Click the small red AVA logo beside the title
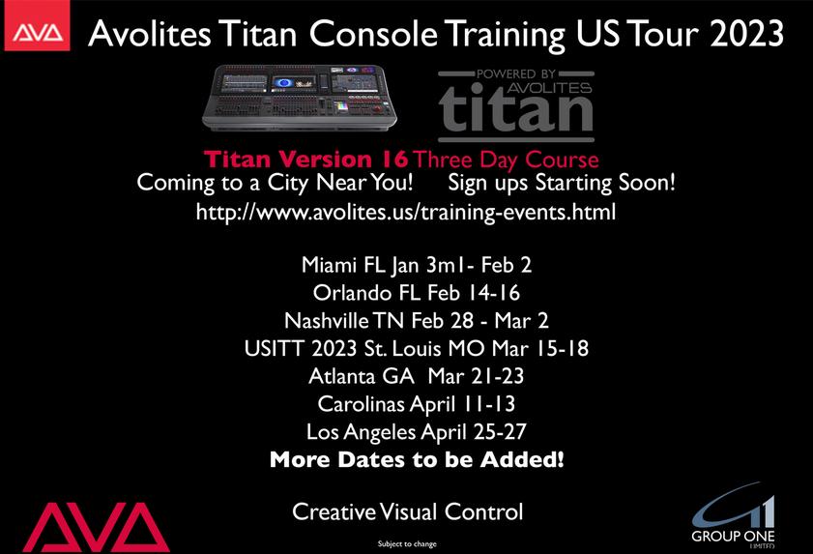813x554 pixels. click(37, 26)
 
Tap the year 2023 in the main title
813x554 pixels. click(746, 34)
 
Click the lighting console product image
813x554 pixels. click(299, 97)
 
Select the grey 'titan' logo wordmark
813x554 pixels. click(516, 106)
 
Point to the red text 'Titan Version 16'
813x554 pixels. click(305, 160)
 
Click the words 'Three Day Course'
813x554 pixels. click(506, 160)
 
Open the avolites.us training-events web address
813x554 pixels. click(406, 212)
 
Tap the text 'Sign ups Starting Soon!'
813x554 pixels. click(562, 183)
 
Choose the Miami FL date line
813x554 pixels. click(417, 265)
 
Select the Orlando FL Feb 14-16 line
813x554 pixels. click(417, 293)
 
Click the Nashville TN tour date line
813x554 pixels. click(417, 321)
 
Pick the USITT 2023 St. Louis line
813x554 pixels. click(417, 348)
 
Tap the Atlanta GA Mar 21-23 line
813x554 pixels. click(417, 376)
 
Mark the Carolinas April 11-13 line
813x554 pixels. click(417, 404)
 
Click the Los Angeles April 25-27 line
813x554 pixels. click(417, 432)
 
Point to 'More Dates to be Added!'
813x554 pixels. click(417, 459)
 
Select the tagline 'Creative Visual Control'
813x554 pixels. click(408, 512)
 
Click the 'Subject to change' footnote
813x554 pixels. click(407, 543)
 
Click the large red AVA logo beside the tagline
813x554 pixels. click(96, 527)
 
